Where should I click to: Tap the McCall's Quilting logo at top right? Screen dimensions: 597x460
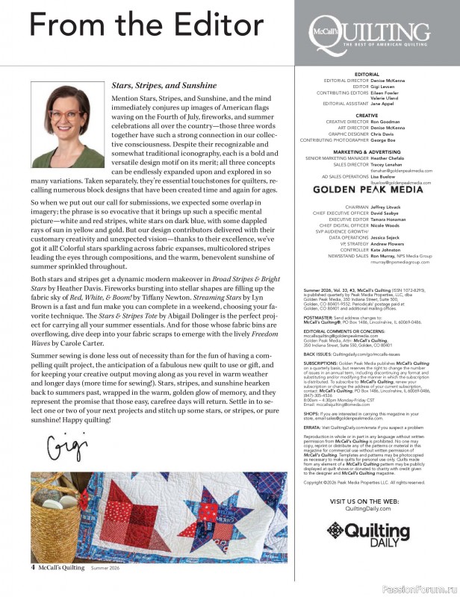(377, 33)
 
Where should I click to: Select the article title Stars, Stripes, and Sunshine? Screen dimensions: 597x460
(164, 86)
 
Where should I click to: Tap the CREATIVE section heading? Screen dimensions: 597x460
(367, 116)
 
